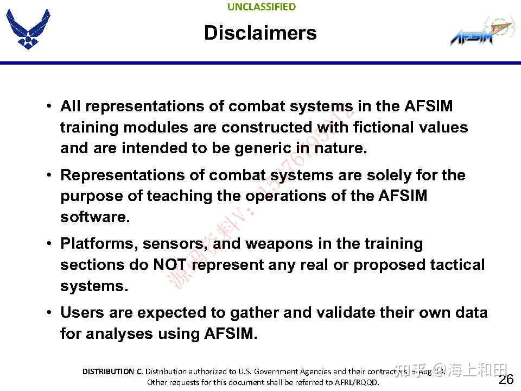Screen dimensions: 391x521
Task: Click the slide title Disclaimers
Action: [260, 33]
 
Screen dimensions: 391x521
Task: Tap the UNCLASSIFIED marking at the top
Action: [262, 7]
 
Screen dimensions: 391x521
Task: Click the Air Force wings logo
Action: [28, 29]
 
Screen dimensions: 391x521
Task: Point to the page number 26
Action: [506, 379]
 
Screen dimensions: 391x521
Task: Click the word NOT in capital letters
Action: [170, 265]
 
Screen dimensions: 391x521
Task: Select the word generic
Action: [263, 148]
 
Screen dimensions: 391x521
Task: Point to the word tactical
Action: [458, 265]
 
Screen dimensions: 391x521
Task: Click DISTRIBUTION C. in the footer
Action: [112, 371]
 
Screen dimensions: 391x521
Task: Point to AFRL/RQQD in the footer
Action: [358, 382]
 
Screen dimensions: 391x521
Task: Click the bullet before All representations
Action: [49, 106]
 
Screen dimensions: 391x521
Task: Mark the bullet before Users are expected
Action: [49, 313]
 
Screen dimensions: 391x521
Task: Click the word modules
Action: [152, 128]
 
